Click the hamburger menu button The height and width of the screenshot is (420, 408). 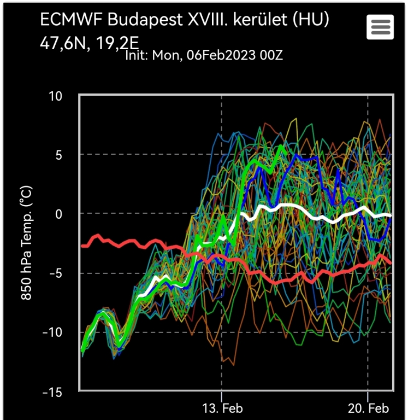click(x=381, y=26)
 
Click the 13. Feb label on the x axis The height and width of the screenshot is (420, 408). click(x=222, y=409)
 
